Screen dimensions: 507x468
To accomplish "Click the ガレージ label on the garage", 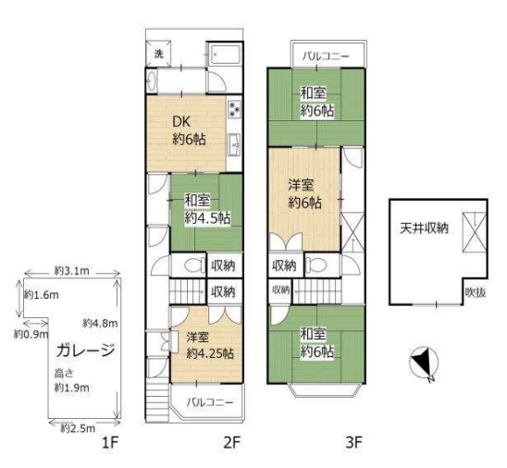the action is click(x=85, y=351).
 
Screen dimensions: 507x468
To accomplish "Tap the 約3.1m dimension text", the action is click(x=72, y=271).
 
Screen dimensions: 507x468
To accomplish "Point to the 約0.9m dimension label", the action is click(x=31, y=334).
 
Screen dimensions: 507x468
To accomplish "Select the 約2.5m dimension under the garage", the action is click(x=78, y=428).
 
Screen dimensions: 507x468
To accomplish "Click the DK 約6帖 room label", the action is click(x=189, y=131).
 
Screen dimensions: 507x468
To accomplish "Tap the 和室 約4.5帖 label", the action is click(x=207, y=209).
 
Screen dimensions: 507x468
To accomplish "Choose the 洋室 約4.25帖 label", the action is click(x=210, y=345).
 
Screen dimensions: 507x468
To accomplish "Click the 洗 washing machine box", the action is click(x=158, y=54).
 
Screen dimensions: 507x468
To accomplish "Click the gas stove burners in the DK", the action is click(x=234, y=108).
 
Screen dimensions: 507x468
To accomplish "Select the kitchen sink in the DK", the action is click(x=234, y=145).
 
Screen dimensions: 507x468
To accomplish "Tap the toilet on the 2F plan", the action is click(x=193, y=265).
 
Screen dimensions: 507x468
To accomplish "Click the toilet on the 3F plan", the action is click(x=315, y=265).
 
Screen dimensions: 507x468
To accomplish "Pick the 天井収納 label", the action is click(x=424, y=228).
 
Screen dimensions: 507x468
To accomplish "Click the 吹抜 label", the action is click(x=475, y=292).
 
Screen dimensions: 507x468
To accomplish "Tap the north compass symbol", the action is click(x=424, y=362).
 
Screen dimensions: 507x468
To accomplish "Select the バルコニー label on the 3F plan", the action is click(x=326, y=56).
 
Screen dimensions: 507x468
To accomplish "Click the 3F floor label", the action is click(x=353, y=442).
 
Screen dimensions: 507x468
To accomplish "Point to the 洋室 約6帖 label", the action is click(x=304, y=194).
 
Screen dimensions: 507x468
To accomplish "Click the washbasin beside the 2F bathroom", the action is click(x=151, y=80).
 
